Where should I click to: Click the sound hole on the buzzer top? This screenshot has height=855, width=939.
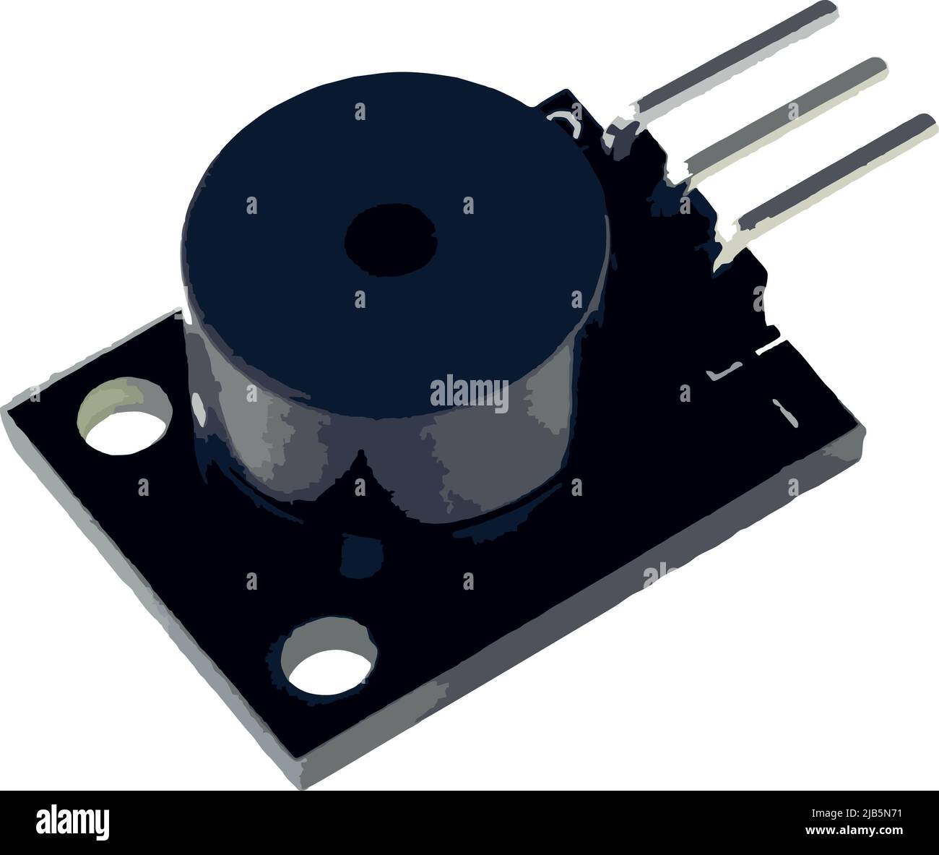(391, 241)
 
